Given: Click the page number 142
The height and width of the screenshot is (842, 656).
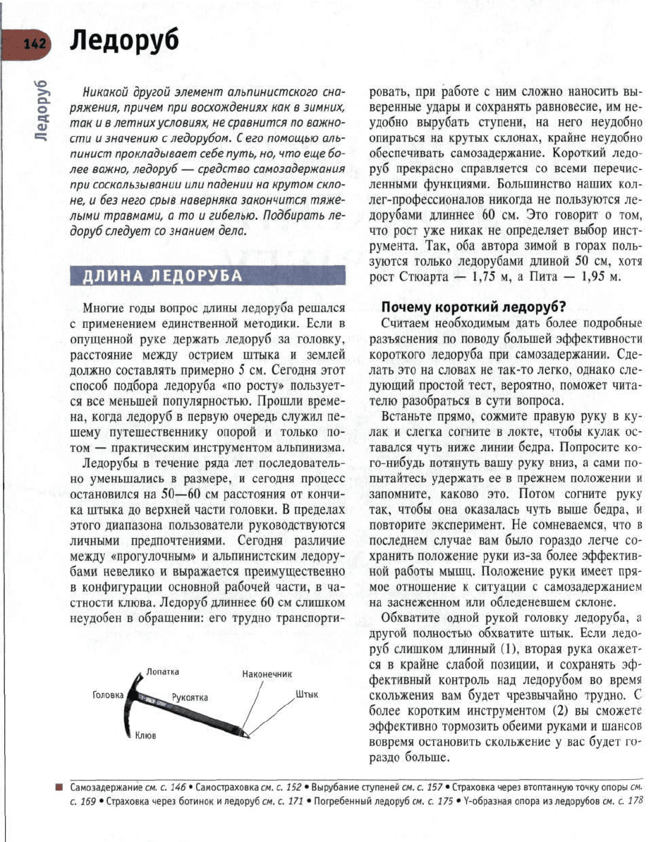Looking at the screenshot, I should click(x=34, y=44).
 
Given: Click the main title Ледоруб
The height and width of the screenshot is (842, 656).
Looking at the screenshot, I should click(x=123, y=42).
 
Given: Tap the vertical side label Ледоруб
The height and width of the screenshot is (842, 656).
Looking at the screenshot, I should click(x=42, y=109).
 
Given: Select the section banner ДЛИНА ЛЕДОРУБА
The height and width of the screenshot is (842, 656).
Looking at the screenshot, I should click(x=163, y=276).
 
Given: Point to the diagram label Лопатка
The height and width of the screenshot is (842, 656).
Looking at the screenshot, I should click(x=164, y=671).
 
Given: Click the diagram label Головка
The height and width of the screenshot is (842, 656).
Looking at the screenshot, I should click(x=107, y=695).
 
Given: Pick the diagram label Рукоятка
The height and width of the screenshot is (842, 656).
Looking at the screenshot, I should click(x=190, y=697).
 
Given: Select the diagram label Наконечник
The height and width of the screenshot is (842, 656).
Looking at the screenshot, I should click(x=267, y=674).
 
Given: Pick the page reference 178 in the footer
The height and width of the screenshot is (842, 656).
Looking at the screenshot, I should click(x=636, y=801).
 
